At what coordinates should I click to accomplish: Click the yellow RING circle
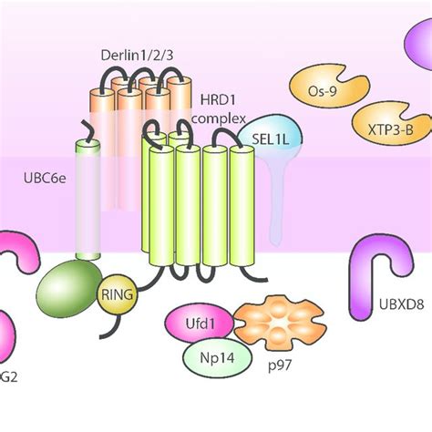(x=118, y=293)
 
